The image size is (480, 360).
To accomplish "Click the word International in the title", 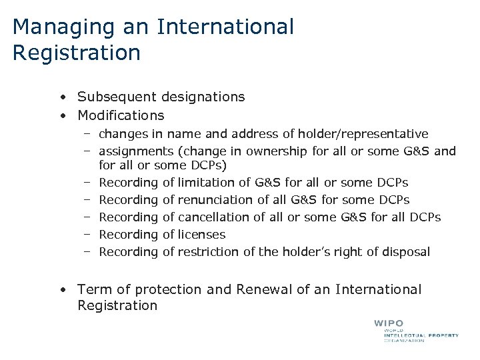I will click(x=225, y=27).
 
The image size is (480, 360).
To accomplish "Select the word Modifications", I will click(x=121, y=115).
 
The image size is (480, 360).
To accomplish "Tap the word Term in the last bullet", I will click(x=91, y=289).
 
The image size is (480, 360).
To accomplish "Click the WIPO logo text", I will click(x=389, y=323).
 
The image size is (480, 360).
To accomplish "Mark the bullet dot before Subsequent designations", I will click(x=61, y=97).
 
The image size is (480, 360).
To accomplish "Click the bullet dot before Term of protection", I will click(x=61, y=290).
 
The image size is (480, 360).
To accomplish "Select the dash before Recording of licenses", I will click(x=87, y=234).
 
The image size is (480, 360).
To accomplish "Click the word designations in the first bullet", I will click(x=204, y=97).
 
